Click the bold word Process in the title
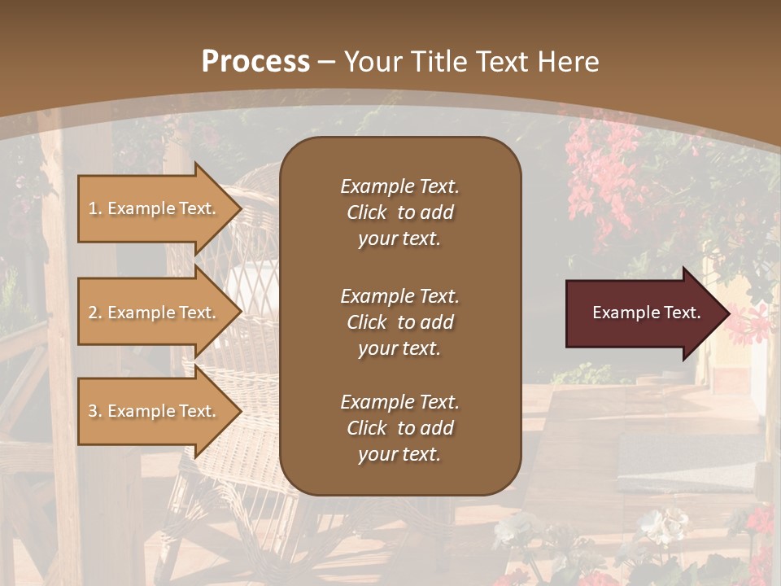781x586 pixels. [x=255, y=62]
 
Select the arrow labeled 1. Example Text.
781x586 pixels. [x=155, y=208]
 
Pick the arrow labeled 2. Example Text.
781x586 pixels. [x=155, y=313]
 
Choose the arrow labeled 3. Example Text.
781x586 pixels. [x=155, y=411]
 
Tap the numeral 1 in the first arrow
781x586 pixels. [x=93, y=208]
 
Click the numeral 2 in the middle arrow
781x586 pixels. [x=93, y=313]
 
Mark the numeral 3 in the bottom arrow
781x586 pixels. [x=93, y=411]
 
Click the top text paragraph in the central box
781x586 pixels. [x=399, y=212]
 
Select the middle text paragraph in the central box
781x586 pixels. [x=399, y=322]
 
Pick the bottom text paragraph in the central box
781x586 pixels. [x=399, y=428]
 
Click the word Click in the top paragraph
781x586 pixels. [x=367, y=212]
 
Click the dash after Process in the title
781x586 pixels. [x=325, y=62]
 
